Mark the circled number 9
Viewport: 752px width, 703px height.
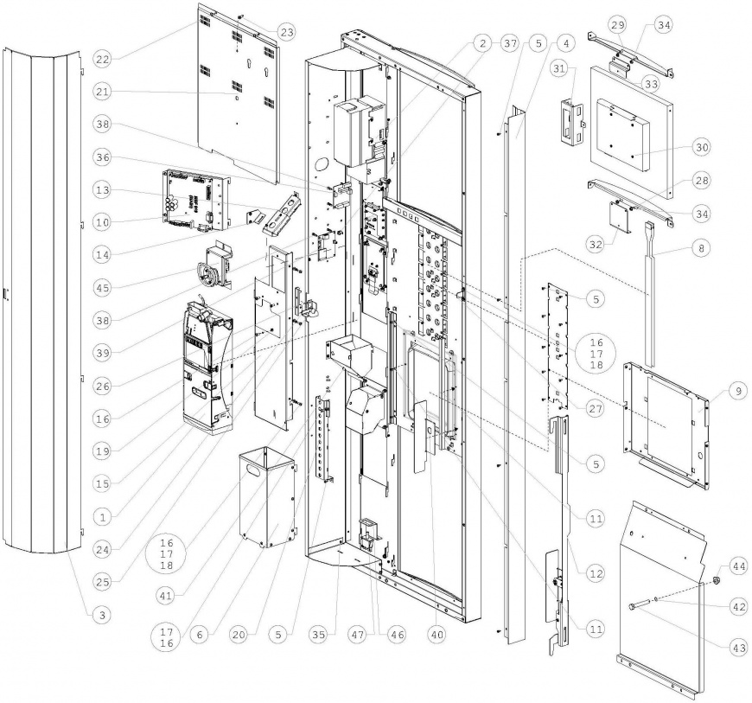coord(736,392)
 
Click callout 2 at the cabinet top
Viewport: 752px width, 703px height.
coord(482,42)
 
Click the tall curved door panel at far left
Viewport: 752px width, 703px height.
coord(43,294)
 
